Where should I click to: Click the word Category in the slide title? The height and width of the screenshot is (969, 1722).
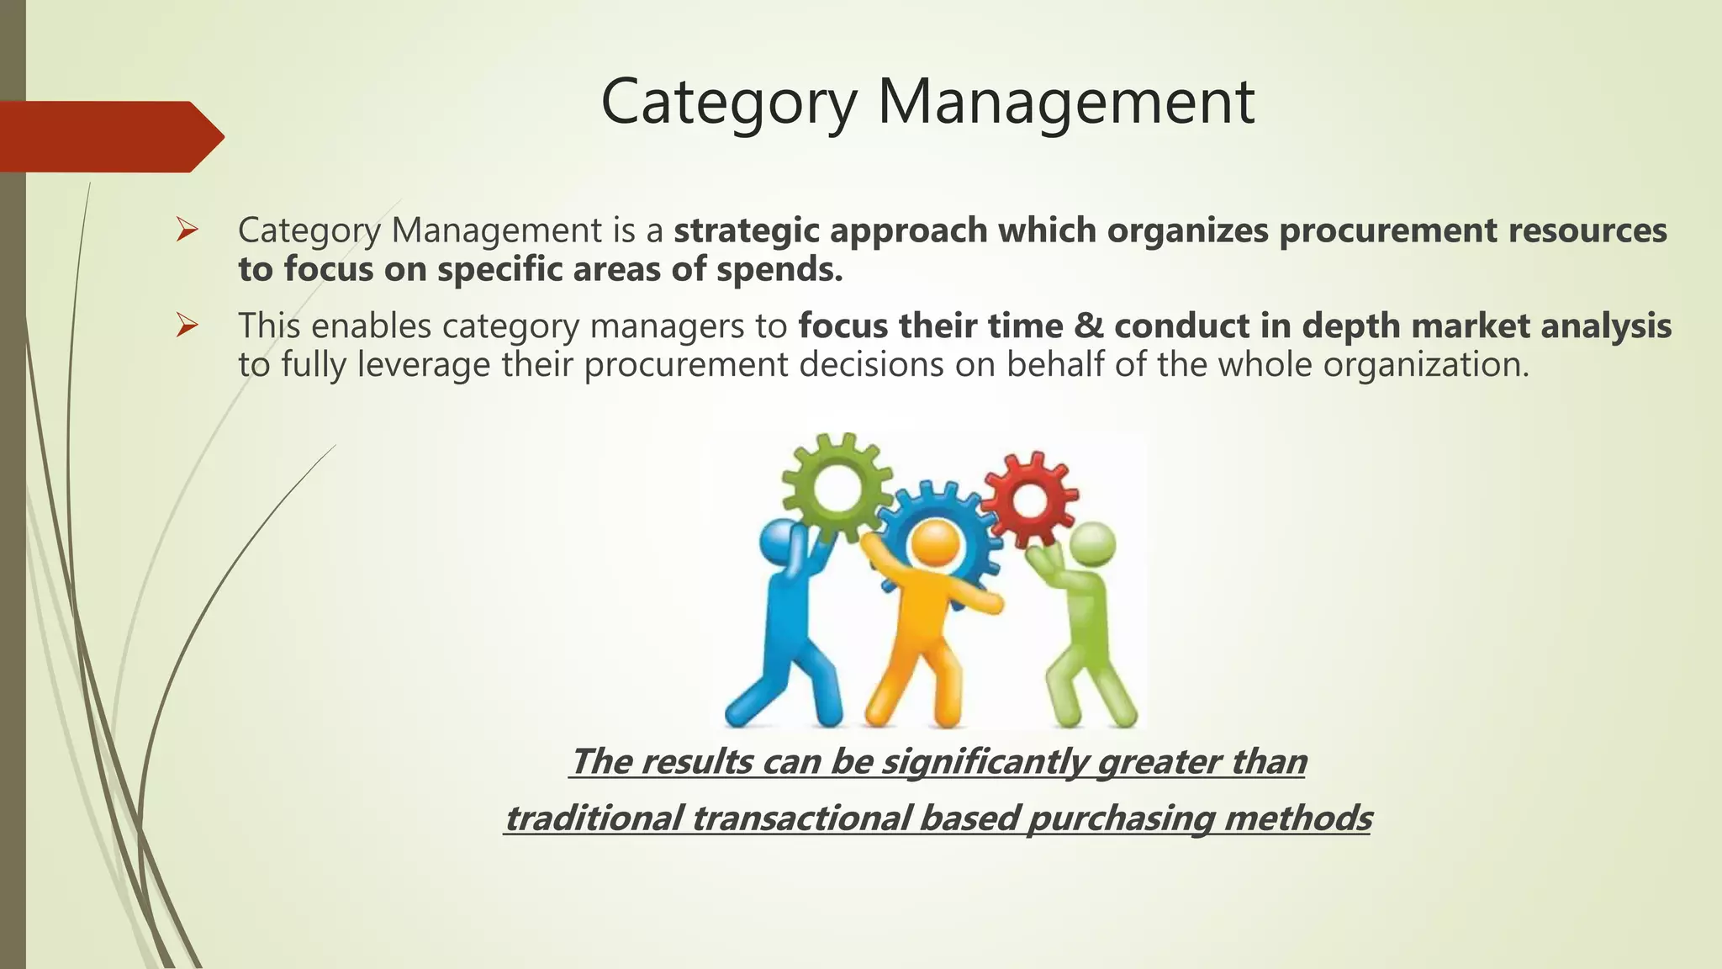click(x=728, y=103)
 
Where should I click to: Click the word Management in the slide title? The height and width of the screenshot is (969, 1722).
click(x=1065, y=103)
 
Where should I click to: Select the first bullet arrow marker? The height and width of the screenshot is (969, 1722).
click(x=186, y=229)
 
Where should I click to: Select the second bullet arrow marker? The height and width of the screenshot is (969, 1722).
click(x=186, y=325)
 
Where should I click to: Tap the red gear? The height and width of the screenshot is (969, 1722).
click(x=1028, y=498)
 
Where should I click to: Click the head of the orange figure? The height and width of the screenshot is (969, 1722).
click(x=932, y=544)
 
